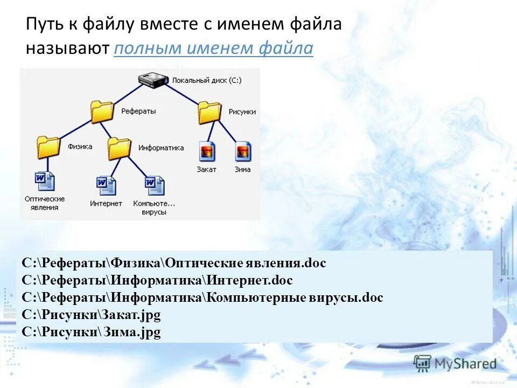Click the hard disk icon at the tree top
[x=152, y=80]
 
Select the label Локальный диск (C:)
[x=206, y=80]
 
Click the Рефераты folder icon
[x=102, y=112]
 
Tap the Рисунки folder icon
[x=209, y=112]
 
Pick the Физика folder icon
[x=48, y=147]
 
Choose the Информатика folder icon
[x=119, y=148]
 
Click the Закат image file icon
[x=207, y=151]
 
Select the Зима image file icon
[x=243, y=151]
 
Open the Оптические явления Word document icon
[x=45, y=181]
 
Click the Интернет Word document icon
[x=106, y=185]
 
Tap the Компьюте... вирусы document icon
[x=155, y=185]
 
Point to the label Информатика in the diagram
[x=161, y=148]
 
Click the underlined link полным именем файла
[x=213, y=48]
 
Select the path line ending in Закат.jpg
[x=92, y=315]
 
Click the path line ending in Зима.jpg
[x=92, y=332]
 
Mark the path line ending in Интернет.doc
[x=157, y=280]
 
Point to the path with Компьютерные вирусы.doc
[x=202, y=297]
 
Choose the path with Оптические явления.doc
[x=174, y=263]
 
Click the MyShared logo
[x=455, y=363]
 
